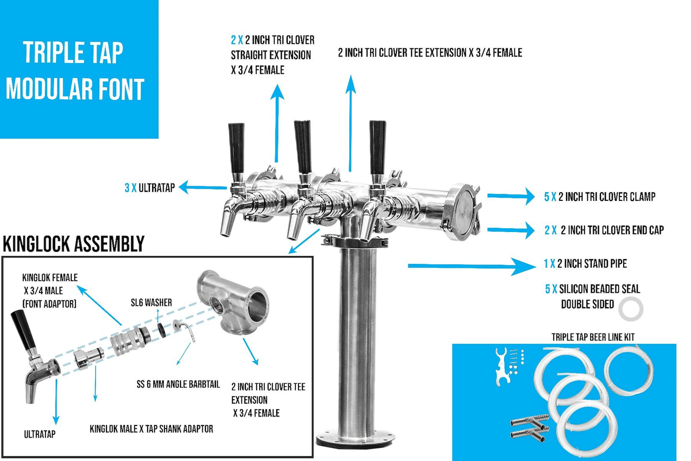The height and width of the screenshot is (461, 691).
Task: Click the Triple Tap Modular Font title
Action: click(75, 71)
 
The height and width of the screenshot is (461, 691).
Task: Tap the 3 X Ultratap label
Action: click(150, 188)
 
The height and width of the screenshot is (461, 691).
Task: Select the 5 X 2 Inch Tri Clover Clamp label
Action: click(600, 197)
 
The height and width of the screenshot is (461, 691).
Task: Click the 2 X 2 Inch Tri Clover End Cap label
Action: click(604, 230)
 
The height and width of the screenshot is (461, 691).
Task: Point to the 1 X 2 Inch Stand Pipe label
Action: click(585, 263)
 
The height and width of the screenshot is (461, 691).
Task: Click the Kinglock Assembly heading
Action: click(74, 244)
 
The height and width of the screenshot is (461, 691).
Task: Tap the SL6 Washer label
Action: click(151, 302)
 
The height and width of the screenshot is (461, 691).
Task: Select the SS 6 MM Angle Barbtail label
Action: click(178, 384)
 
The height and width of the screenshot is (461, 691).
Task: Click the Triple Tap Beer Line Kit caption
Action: click(593, 337)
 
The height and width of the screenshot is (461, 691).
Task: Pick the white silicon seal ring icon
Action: click(631, 309)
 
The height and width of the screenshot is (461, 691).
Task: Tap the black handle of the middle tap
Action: click(302, 146)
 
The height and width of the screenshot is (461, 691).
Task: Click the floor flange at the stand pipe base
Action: click(356, 439)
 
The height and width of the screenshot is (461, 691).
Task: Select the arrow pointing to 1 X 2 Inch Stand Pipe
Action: click(471, 266)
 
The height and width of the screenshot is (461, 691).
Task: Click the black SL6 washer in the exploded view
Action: click(162, 330)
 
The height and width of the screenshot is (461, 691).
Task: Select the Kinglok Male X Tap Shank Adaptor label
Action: click(151, 429)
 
